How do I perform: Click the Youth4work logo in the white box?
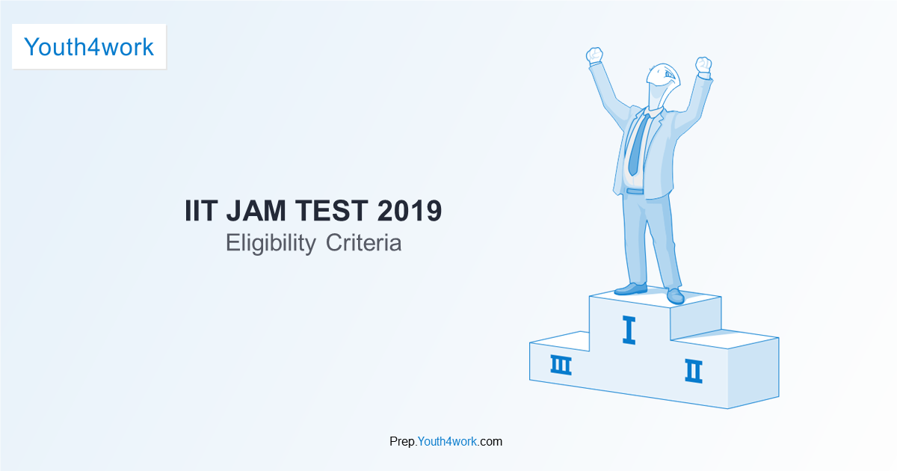[89, 47]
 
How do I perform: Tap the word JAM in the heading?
[256, 211]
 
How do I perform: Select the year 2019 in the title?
[410, 211]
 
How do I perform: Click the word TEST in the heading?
[332, 211]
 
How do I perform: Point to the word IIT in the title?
[201, 211]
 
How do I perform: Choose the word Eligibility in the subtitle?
[271, 243]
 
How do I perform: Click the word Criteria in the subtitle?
[363, 243]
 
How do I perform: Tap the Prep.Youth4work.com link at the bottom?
[446, 441]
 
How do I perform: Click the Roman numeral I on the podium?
[629, 330]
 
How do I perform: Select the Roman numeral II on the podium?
[694, 372]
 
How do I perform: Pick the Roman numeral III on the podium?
[561, 365]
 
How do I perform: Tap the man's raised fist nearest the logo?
[595, 55]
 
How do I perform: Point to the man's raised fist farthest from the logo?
[703, 65]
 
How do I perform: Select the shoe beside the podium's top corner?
[676, 296]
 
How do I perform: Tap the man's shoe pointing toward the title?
[631, 289]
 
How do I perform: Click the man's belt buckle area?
[635, 191]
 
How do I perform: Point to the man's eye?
[668, 74]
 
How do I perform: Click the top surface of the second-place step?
[725, 339]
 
